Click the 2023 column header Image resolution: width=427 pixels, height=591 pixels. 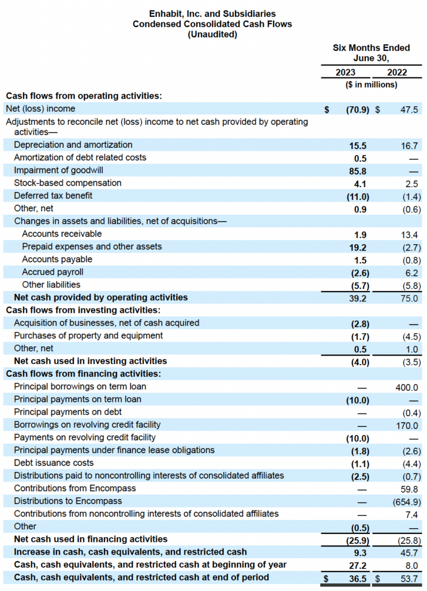point(346,73)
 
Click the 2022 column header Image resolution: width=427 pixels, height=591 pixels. point(397,73)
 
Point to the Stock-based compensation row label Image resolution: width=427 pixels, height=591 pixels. point(68,183)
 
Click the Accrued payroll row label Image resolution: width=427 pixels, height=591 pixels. point(53,272)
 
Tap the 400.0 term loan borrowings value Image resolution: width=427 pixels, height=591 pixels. point(407,387)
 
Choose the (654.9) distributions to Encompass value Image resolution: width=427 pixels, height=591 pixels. point(404,501)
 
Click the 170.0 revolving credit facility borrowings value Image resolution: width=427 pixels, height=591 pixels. point(407,425)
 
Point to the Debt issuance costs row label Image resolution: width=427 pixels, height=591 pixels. point(54,463)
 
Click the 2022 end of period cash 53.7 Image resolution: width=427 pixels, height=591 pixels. point(409,578)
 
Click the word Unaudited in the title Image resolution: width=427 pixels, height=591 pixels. point(212,35)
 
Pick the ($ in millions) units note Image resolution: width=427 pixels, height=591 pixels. point(372,85)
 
